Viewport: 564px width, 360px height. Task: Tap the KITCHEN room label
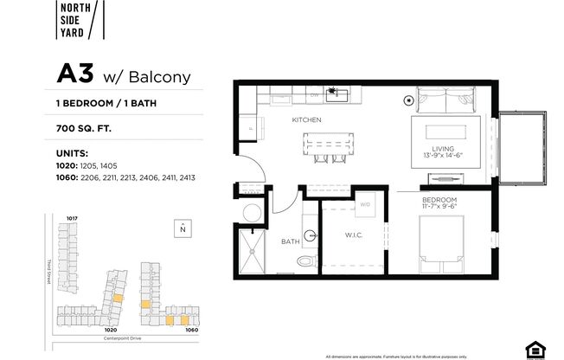tap(306, 119)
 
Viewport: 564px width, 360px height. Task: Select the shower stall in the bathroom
tap(254, 251)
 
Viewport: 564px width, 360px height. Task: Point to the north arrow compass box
tap(183, 228)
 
